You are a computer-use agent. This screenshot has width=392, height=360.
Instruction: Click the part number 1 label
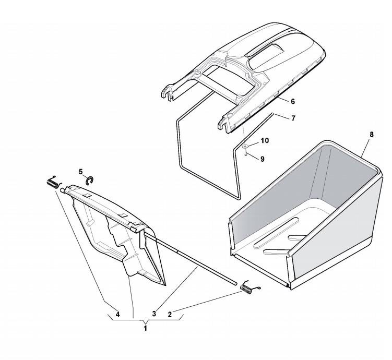[145, 329]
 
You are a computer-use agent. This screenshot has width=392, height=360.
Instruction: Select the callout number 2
[170, 314]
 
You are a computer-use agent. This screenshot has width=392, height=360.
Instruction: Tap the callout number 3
[154, 314]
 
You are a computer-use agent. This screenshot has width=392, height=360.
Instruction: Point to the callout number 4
[118, 314]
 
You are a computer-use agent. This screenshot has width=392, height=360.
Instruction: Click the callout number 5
[81, 171]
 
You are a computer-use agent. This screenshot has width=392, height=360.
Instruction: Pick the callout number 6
[293, 101]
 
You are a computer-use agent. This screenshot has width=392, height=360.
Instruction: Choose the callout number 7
[293, 118]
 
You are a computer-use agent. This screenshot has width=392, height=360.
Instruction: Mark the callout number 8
[371, 135]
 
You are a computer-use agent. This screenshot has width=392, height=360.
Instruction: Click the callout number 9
[262, 159]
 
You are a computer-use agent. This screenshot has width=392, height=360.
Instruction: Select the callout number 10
[265, 141]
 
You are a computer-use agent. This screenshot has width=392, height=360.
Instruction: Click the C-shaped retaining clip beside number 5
[90, 180]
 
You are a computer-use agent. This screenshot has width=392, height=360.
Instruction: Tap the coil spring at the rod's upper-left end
[52, 183]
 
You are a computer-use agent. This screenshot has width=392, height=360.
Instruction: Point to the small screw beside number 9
[245, 153]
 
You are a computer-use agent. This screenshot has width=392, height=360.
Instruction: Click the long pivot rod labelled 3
[198, 259]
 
